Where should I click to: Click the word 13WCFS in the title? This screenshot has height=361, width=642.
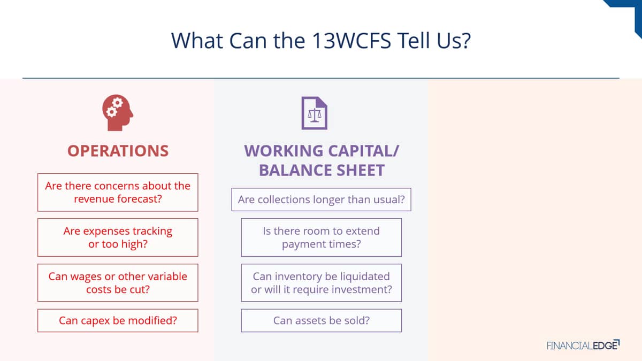[351, 41]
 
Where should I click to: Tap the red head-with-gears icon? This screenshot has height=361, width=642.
[118, 113]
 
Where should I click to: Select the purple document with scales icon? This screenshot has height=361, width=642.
[315, 113]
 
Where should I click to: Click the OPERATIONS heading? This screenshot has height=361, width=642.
[118, 151]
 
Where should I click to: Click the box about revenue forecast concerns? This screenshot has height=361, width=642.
[118, 192]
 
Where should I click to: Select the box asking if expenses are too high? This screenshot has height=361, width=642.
[118, 237]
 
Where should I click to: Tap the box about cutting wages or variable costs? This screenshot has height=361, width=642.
[118, 283]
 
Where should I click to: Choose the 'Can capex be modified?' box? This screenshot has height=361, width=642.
[118, 320]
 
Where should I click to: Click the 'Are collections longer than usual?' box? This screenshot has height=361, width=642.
[322, 199]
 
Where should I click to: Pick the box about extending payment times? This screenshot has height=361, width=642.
[322, 237]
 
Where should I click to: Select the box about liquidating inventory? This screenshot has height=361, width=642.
[322, 283]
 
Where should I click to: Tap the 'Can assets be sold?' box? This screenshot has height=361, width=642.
[322, 320]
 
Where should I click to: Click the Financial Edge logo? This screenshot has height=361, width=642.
[583, 345]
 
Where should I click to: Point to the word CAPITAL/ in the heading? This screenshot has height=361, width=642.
[363, 151]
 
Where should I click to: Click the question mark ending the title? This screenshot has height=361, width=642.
[466, 41]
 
